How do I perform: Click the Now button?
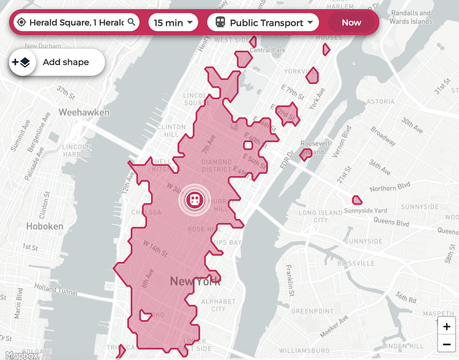click(x=351, y=23)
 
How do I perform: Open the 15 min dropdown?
click(x=173, y=23)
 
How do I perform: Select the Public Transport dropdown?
click(x=263, y=23)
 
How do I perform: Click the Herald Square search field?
click(x=76, y=23)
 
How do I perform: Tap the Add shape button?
click(x=57, y=62)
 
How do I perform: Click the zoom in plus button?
click(x=447, y=326)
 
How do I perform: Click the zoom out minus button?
click(x=447, y=344)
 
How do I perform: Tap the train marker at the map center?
click(x=195, y=200)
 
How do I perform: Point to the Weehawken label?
click(x=84, y=112)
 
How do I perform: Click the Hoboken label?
click(x=45, y=226)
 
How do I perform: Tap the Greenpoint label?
click(x=312, y=311)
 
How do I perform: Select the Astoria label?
click(x=380, y=102)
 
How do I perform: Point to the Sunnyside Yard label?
click(x=382, y=211)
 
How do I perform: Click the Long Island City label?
click(x=321, y=216)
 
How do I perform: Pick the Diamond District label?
click(x=217, y=166)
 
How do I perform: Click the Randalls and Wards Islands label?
click(x=411, y=17)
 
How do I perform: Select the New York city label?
click(x=195, y=282)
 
